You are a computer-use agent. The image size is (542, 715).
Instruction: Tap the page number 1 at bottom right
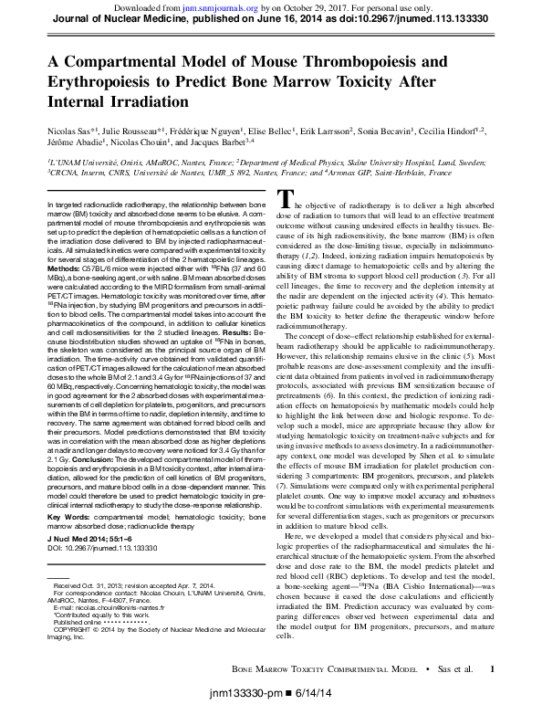pyautogui.click(x=493, y=669)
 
